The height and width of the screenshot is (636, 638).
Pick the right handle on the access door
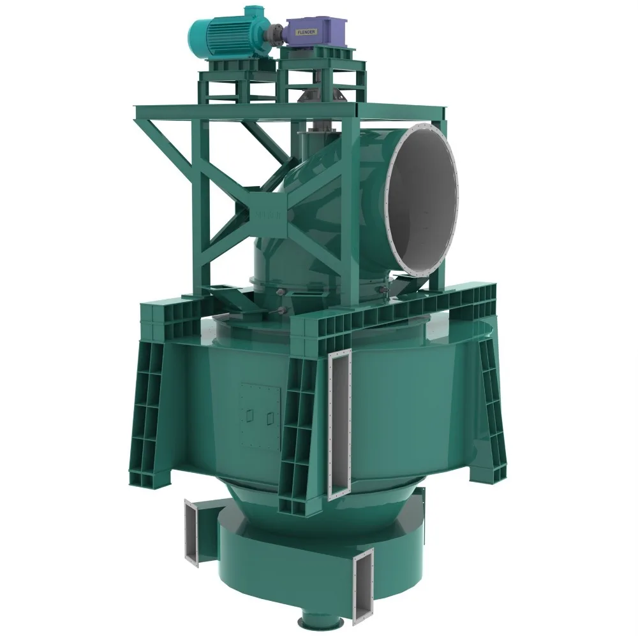(271, 417)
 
